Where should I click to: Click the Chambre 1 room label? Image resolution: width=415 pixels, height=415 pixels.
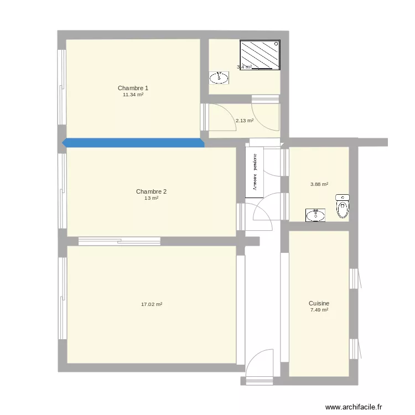(133, 88)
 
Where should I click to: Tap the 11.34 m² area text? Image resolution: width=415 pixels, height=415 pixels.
(133, 95)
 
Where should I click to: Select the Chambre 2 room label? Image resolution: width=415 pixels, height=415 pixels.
(151, 191)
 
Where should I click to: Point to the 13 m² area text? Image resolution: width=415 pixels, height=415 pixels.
(151, 198)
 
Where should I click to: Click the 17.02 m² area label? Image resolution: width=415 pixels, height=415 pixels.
(152, 304)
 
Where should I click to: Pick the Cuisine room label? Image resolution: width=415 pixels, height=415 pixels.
(319, 303)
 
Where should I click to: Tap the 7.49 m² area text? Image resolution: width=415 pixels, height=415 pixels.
(319, 310)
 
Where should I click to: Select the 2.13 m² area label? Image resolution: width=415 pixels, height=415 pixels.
(244, 120)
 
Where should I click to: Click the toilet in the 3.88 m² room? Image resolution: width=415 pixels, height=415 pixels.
(343, 206)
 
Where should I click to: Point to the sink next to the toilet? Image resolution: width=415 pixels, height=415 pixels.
(316, 215)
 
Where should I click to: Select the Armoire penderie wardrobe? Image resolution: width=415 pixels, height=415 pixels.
(255, 172)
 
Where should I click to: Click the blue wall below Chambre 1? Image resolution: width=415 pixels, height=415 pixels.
(133, 143)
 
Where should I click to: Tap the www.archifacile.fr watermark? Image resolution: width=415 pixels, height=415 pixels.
(354, 407)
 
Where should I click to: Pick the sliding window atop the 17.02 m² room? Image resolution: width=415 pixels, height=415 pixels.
(119, 241)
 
